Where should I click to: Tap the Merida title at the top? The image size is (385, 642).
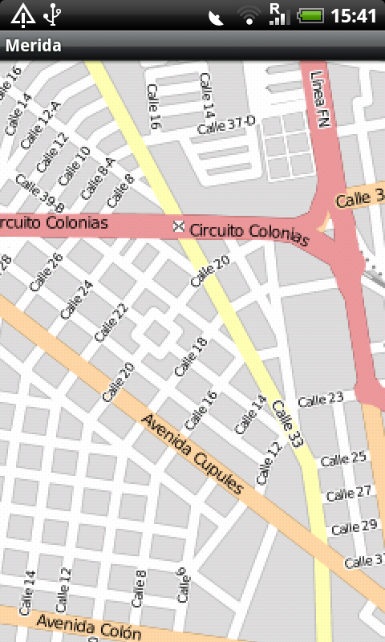click(34, 46)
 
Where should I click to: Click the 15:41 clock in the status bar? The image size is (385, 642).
click(353, 15)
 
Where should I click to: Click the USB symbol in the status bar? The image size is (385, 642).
click(53, 14)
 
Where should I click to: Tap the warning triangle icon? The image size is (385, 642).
click(22, 14)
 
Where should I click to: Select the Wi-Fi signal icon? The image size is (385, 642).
click(250, 15)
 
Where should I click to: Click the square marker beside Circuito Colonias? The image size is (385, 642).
click(179, 228)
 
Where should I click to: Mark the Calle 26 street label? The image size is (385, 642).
click(46, 272)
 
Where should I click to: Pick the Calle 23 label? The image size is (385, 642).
click(320, 398)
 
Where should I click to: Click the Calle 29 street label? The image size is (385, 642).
click(354, 526)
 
